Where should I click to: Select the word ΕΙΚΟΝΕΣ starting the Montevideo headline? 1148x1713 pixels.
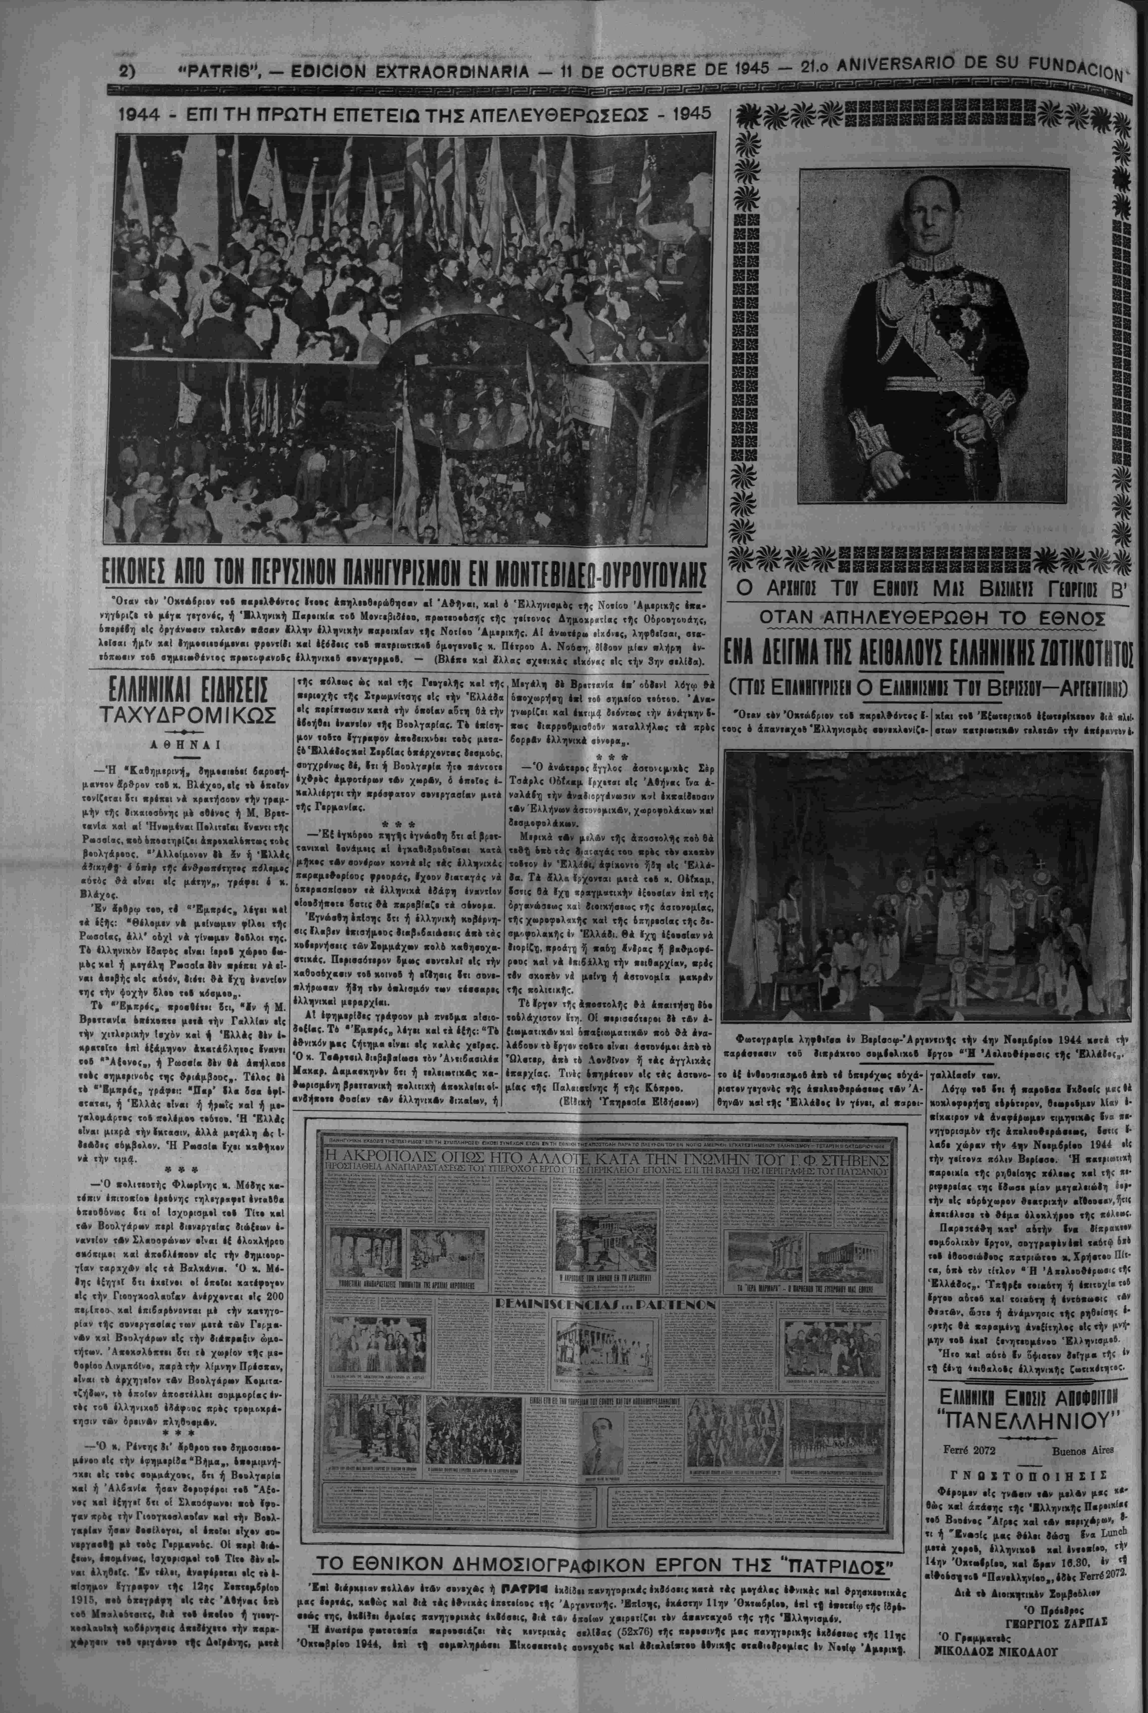coord(157,570)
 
